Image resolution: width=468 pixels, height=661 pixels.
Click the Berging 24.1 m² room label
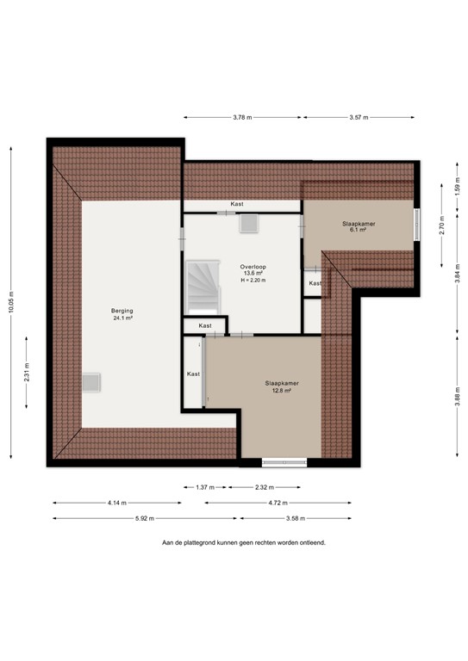121,313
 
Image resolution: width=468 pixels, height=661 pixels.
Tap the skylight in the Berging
90,382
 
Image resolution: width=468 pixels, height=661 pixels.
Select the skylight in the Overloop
249,223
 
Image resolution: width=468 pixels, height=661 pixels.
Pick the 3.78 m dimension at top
243,118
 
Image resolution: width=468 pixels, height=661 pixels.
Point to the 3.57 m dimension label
359,118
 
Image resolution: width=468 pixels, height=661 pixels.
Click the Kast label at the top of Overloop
236,204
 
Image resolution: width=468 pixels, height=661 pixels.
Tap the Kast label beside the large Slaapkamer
193,374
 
